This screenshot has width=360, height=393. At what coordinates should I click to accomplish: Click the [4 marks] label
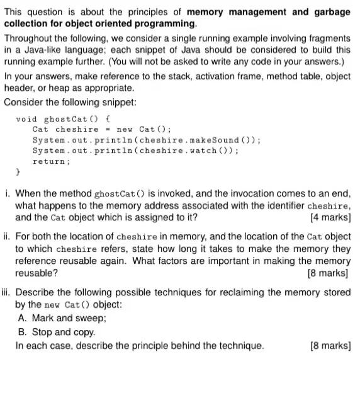click(x=330, y=218)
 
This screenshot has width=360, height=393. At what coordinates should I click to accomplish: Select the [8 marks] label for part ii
click(x=329, y=273)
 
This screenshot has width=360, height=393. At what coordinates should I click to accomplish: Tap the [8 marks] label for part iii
click(x=330, y=346)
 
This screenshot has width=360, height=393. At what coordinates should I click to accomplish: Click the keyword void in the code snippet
click(x=27, y=119)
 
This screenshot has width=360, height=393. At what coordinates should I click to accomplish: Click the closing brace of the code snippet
click(x=18, y=171)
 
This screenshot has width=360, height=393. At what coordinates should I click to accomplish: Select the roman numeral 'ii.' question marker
click(x=8, y=237)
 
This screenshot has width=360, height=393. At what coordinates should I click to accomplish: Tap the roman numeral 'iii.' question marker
click(x=8, y=292)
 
